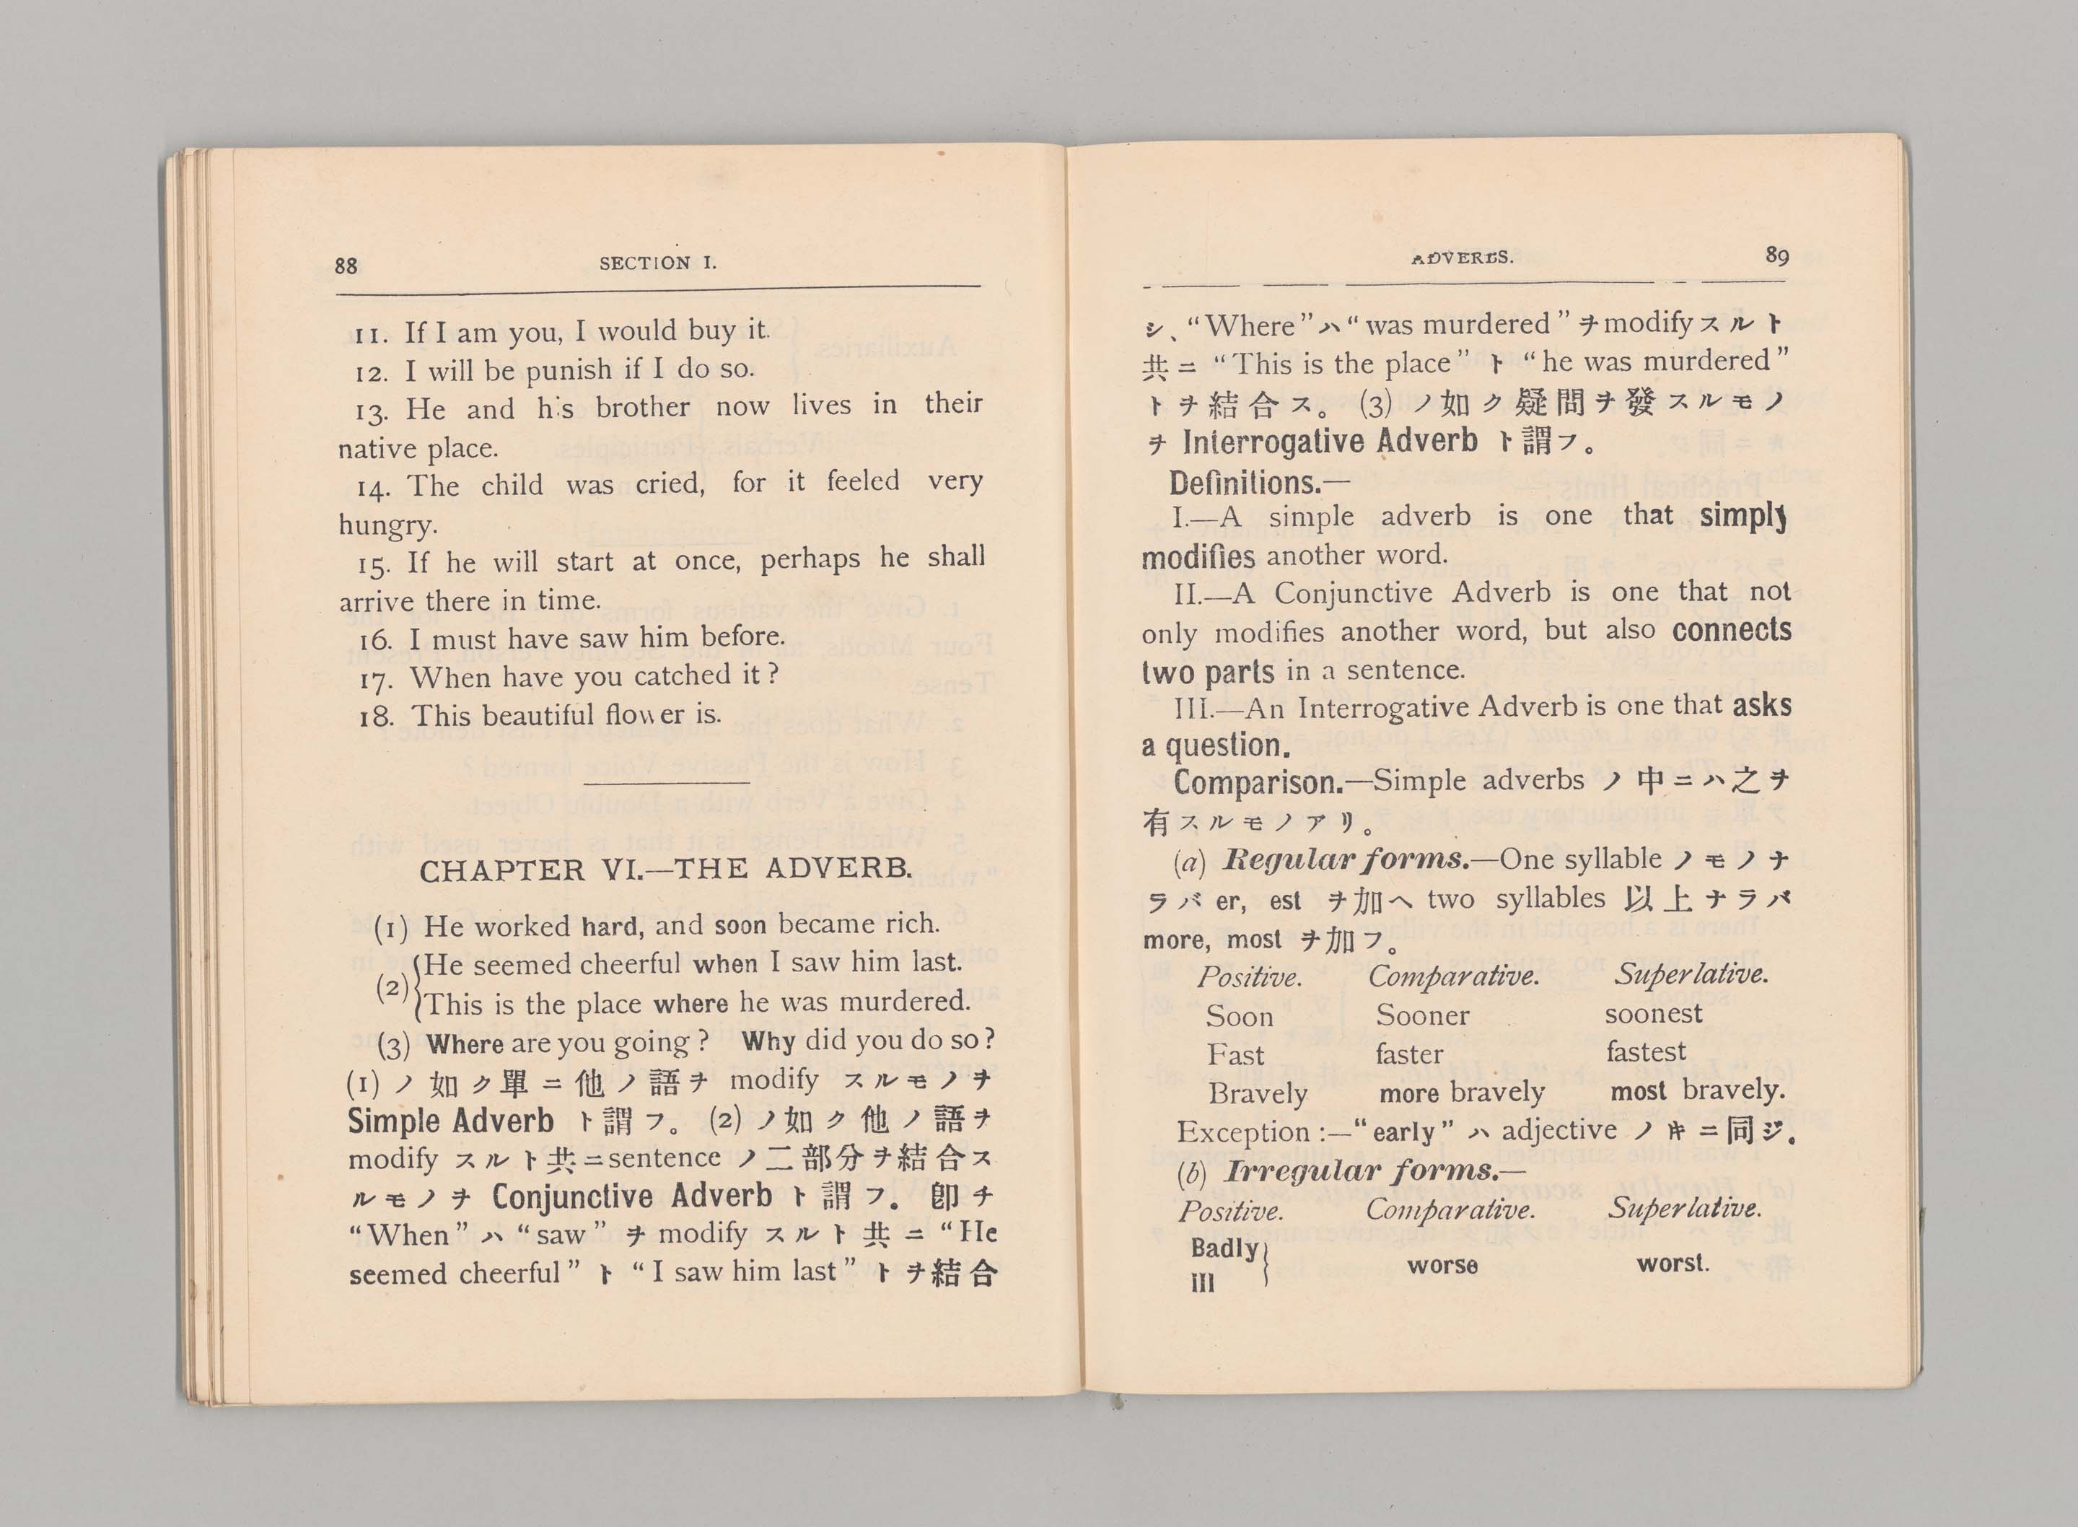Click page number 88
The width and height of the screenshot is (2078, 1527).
point(346,266)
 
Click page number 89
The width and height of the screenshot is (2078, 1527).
point(1776,255)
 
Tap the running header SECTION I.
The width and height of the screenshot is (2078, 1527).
point(658,263)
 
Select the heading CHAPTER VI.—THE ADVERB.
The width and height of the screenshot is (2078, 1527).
point(665,870)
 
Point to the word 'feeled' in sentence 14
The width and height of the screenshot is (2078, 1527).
point(863,481)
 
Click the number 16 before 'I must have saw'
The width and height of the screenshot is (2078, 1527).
point(376,639)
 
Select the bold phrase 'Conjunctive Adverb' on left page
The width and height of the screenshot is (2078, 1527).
point(631,1197)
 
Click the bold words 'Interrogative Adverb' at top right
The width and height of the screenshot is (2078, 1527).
point(1330,442)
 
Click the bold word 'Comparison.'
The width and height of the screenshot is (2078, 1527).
point(1258,783)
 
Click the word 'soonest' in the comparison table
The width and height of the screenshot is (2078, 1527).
point(1653,1014)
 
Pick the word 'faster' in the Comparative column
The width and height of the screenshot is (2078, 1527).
point(1409,1054)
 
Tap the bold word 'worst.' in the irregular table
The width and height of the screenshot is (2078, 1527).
point(1673,1263)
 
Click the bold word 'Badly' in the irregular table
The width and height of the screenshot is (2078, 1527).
point(1223,1248)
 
